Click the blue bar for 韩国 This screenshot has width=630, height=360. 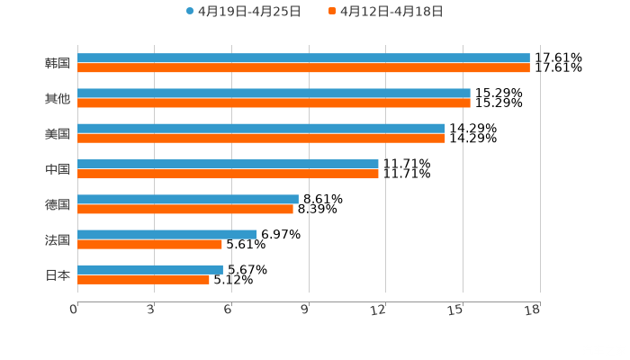[x=303, y=58]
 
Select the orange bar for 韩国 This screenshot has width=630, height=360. [x=303, y=68]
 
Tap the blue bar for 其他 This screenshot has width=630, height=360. [x=274, y=94]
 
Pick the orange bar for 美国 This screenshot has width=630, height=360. [x=261, y=139]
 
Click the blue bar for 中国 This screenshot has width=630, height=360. [x=228, y=164]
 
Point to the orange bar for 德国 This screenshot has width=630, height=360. [x=185, y=210]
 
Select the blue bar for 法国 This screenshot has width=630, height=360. [x=167, y=234]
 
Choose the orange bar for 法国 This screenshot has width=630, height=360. [x=149, y=244]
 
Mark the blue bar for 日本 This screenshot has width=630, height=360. [x=150, y=269]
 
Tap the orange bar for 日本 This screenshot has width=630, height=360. [x=143, y=280]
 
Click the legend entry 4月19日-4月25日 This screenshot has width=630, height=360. [x=243, y=12]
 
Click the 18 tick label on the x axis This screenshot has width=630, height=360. [x=532, y=310]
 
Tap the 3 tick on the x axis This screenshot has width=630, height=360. [x=150, y=310]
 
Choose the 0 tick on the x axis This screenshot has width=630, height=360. [x=74, y=310]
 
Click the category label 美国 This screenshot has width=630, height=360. [x=58, y=134]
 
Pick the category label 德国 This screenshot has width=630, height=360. [x=58, y=204]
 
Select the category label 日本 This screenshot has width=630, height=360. [x=58, y=275]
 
